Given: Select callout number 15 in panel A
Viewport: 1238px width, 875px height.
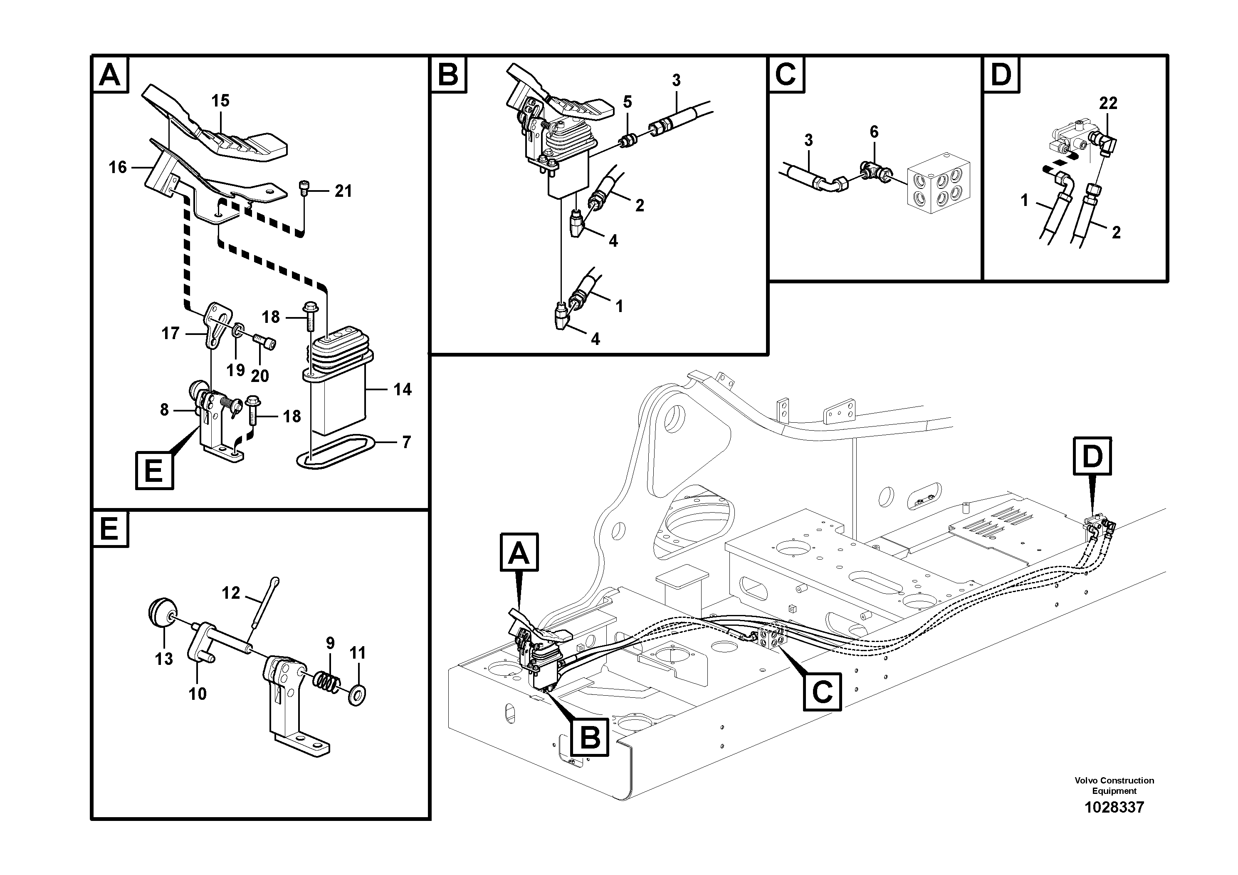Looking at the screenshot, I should point(220,101).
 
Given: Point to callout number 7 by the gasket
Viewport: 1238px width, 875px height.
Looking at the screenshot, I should point(407,442).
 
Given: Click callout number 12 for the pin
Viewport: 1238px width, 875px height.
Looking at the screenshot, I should point(231,593).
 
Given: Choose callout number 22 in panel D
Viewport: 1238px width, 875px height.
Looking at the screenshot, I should point(1108,103).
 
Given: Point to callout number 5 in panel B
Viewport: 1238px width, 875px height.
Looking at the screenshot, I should point(627,102).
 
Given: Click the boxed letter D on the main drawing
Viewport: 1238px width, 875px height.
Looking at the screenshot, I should point(1092,457).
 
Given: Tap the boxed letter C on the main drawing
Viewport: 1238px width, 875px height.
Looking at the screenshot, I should point(822,691).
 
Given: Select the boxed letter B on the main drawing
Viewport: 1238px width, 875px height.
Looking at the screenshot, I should point(590,737).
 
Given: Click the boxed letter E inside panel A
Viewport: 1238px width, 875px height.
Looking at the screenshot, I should point(154,471).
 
